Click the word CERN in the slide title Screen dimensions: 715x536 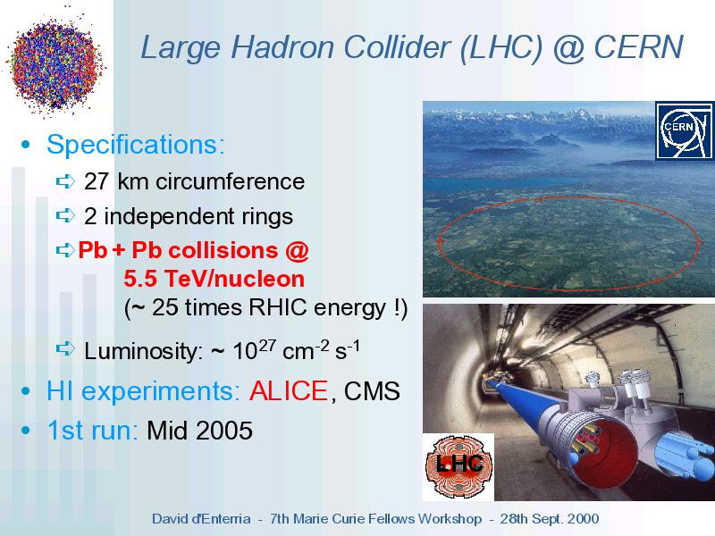638,47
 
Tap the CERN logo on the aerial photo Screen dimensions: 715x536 685,130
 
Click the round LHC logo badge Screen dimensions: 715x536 459,465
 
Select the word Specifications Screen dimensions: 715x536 136,145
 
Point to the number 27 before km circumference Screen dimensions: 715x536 97,181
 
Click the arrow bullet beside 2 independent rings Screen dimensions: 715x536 65,215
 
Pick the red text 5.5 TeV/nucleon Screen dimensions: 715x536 214,279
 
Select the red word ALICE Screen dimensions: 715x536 288,391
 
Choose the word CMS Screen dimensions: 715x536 372,391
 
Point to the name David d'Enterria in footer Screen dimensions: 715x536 201,519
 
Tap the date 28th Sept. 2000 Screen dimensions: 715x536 549,519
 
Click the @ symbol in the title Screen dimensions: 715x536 568,49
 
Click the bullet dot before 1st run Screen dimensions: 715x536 26,431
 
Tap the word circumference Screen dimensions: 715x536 231,181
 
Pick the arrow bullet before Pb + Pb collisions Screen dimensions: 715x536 65,250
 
